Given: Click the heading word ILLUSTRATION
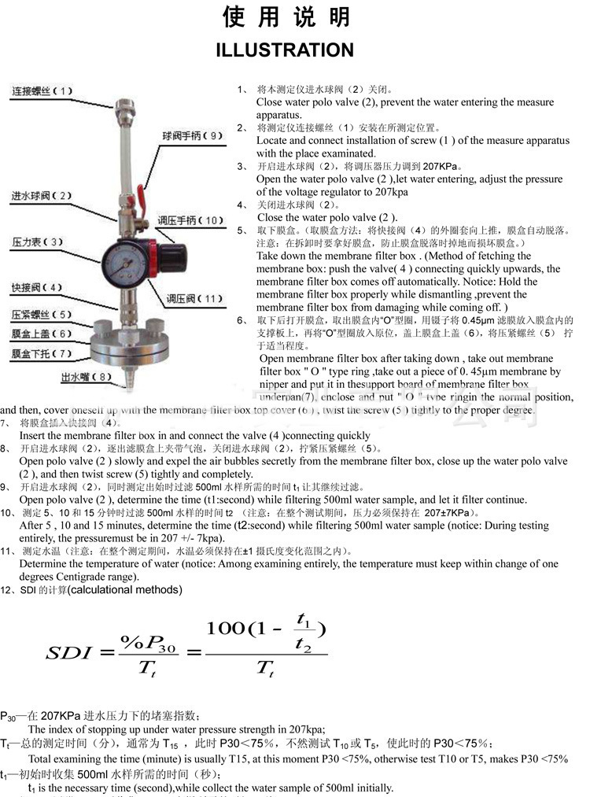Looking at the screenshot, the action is tap(285, 50).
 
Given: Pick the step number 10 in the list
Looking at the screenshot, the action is tap(6, 513).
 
